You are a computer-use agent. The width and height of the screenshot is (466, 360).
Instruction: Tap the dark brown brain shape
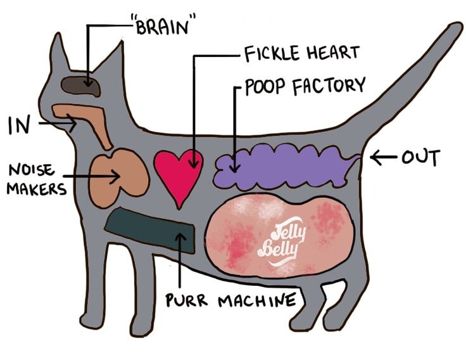80,85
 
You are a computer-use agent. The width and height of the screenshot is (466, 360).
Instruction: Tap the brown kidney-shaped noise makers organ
118,172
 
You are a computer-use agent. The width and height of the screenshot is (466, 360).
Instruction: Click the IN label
20,125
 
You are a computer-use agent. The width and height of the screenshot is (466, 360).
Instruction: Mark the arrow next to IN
57,124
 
